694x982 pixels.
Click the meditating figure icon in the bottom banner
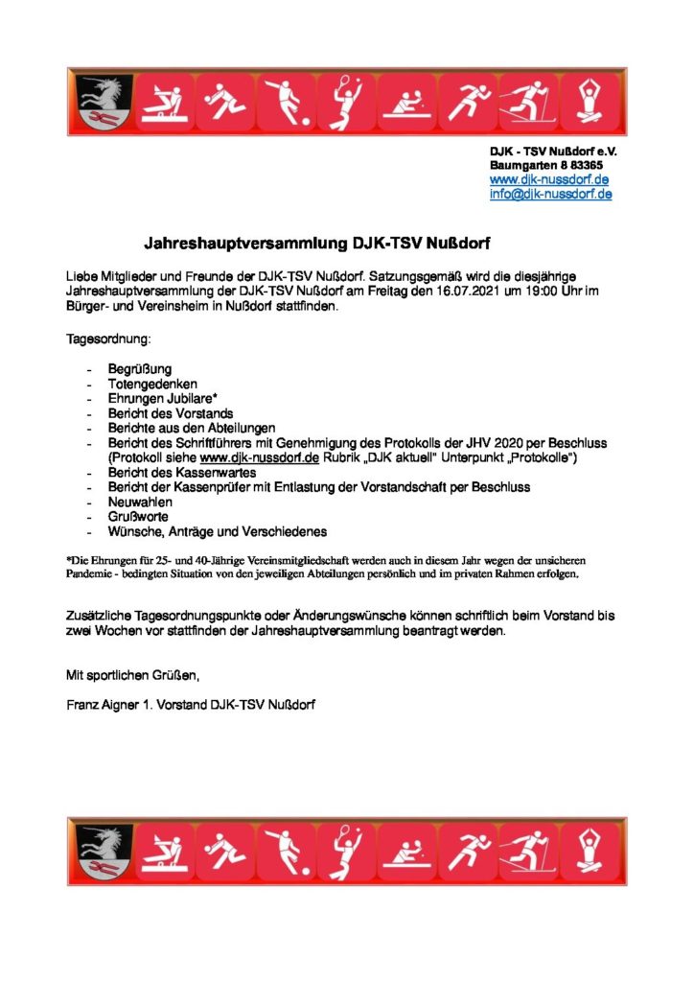coord(587,851)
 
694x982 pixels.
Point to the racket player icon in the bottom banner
coord(345,851)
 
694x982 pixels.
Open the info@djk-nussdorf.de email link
coord(550,194)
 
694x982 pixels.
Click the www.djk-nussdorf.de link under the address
coord(549,179)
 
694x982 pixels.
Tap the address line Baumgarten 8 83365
coord(546,165)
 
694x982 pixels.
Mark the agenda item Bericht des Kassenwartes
coord(170,473)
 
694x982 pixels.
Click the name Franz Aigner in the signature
coord(102,705)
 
